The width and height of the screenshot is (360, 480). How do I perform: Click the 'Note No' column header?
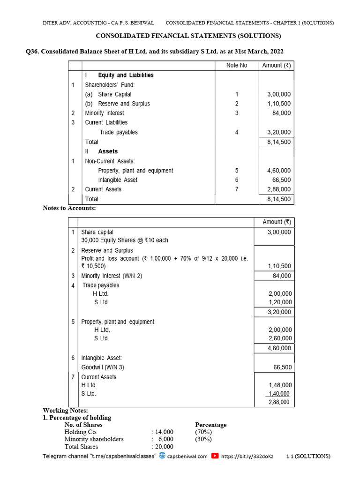click(x=236, y=65)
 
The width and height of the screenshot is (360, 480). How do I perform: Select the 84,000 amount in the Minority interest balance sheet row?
click(x=281, y=113)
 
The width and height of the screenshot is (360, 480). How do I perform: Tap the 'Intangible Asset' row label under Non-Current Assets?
click(x=118, y=180)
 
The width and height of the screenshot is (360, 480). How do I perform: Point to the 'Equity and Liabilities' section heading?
click(x=126, y=75)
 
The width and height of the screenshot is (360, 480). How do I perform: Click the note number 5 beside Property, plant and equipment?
click(x=237, y=171)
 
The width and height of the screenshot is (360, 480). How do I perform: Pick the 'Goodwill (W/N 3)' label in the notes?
click(x=103, y=367)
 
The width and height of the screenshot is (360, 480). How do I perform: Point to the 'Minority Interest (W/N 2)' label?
click(x=112, y=276)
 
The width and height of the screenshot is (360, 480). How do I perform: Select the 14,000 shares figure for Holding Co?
click(x=164, y=432)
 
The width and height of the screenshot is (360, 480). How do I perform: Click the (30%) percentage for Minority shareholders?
click(x=203, y=439)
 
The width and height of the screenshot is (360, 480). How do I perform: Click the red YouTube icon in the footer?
click(x=215, y=456)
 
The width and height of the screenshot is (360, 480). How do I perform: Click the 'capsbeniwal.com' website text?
click(x=187, y=456)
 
